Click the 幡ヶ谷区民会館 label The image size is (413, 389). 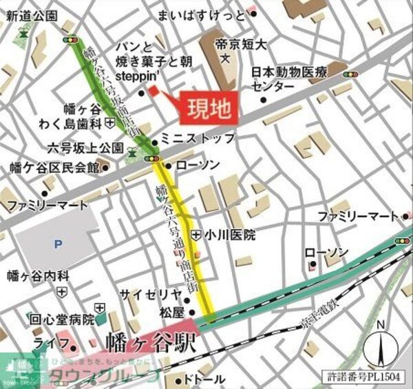[49, 167]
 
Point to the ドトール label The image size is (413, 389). [204, 379]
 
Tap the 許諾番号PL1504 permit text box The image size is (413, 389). [366, 376]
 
